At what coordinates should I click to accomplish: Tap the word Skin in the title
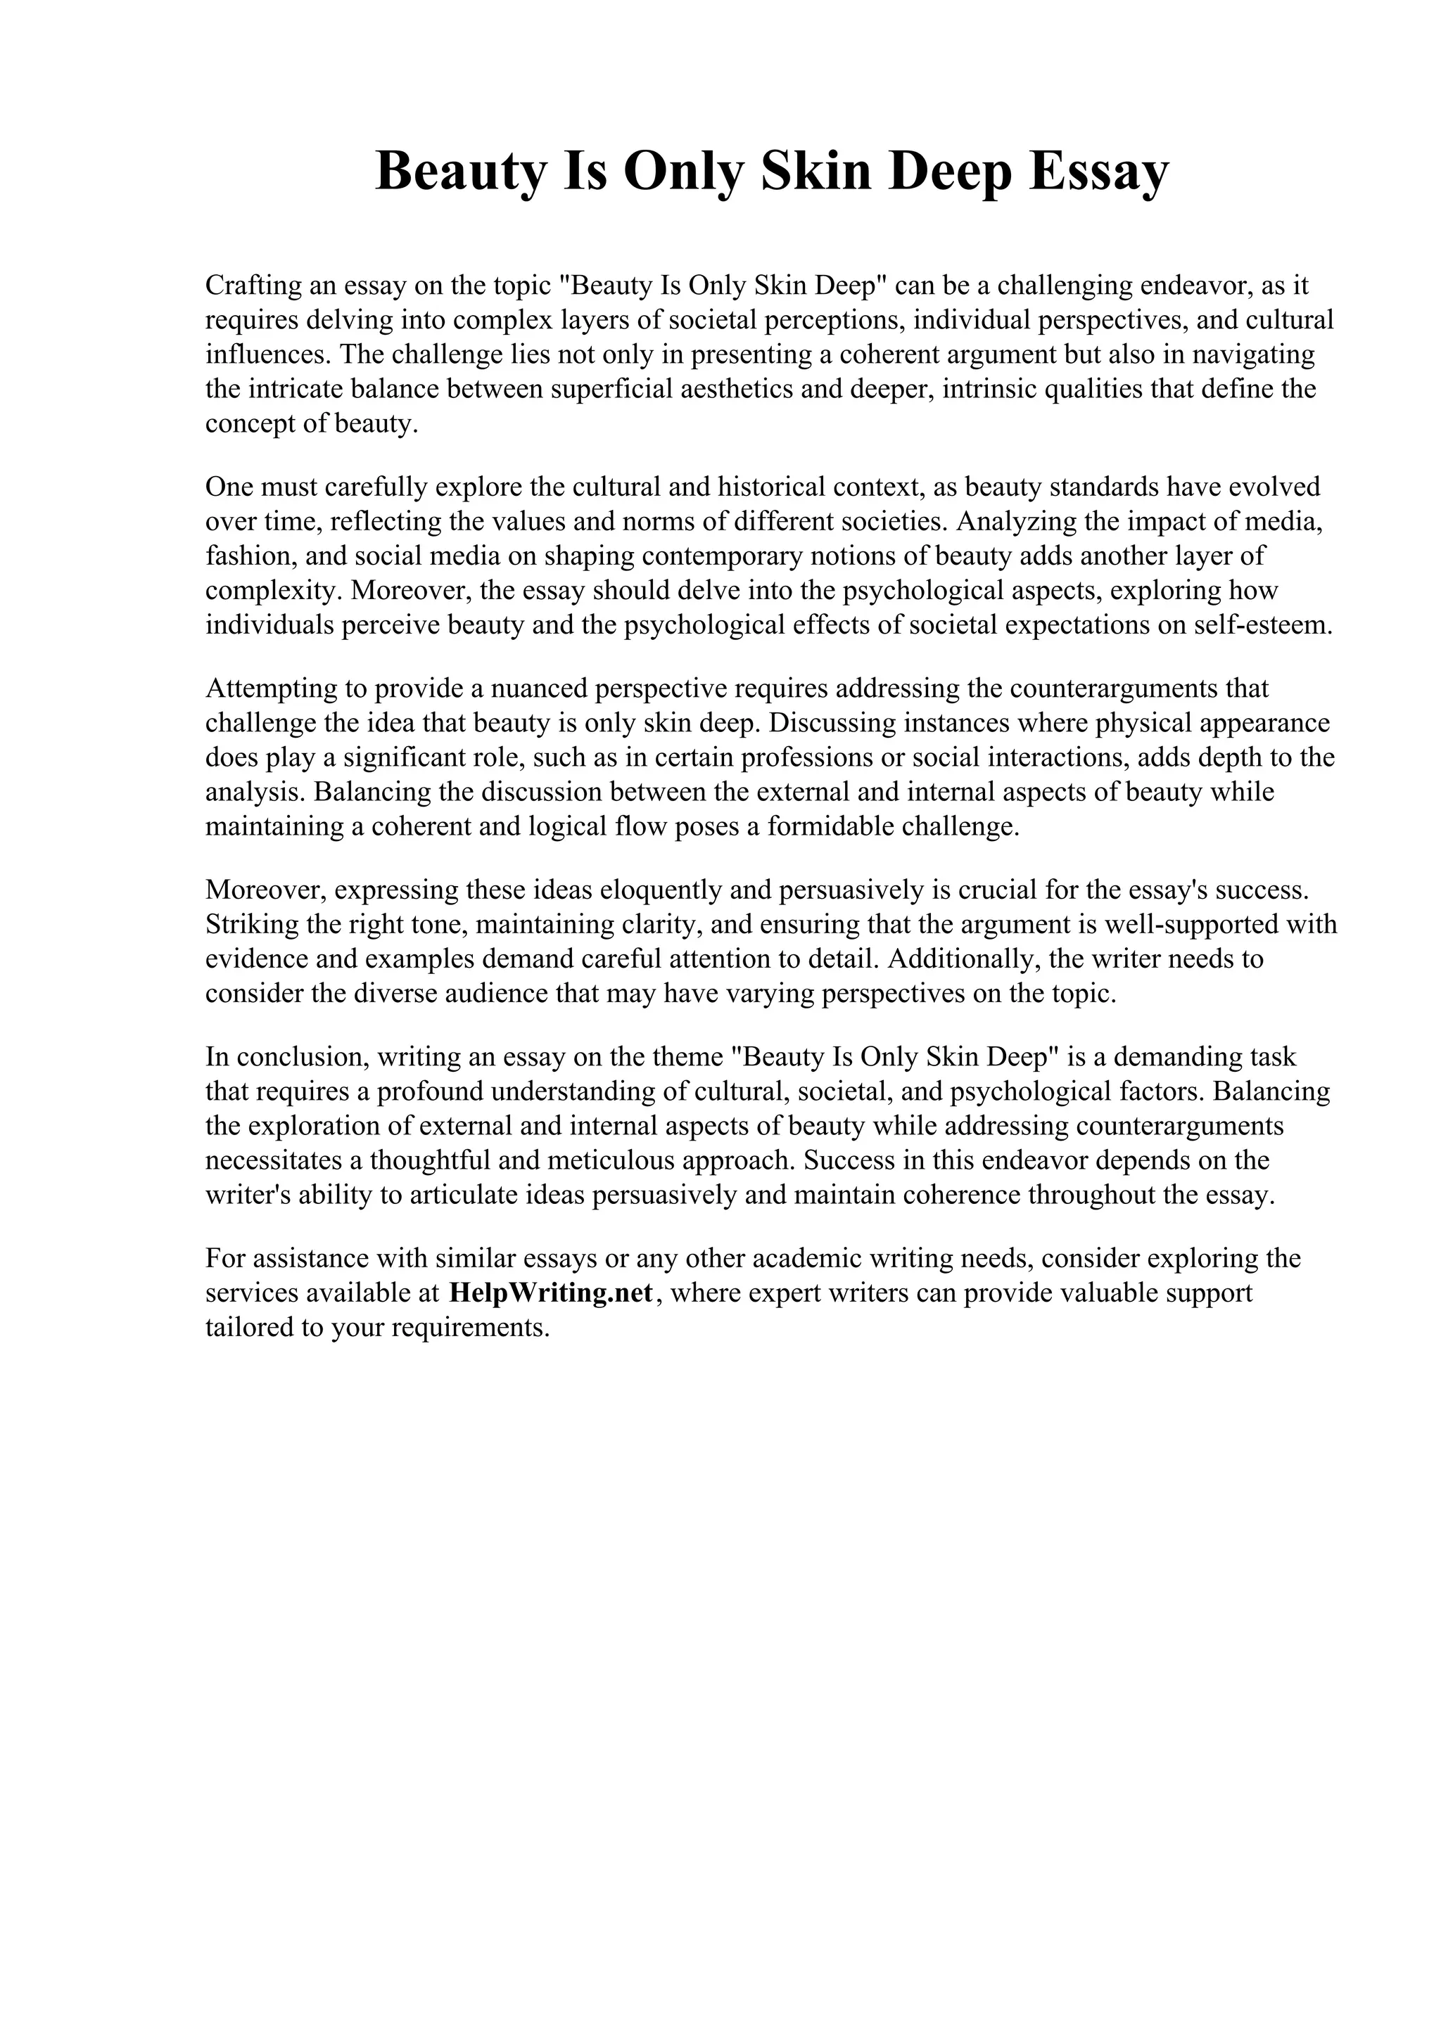[x=814, y=172]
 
